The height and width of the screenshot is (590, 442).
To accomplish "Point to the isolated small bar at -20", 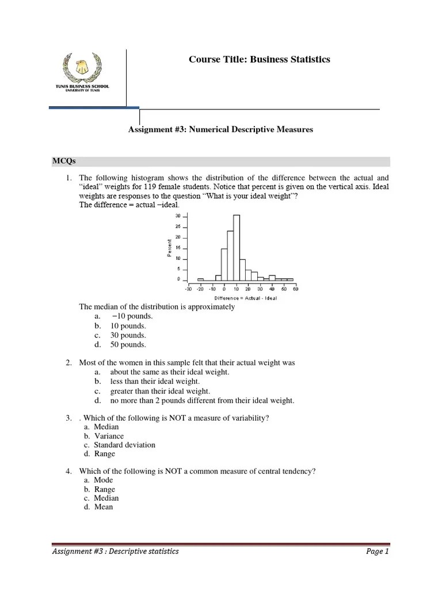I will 200,279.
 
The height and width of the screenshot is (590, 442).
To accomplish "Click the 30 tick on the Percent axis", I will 178,215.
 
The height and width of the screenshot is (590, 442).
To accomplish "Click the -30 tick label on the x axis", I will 188,289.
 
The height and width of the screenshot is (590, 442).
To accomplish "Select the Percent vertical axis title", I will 170,248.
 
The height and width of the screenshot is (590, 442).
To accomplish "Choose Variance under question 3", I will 109,436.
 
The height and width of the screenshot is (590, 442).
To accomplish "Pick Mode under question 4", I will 104,480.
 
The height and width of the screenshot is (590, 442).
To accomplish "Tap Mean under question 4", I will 104,507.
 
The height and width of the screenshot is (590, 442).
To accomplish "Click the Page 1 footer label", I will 378,551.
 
